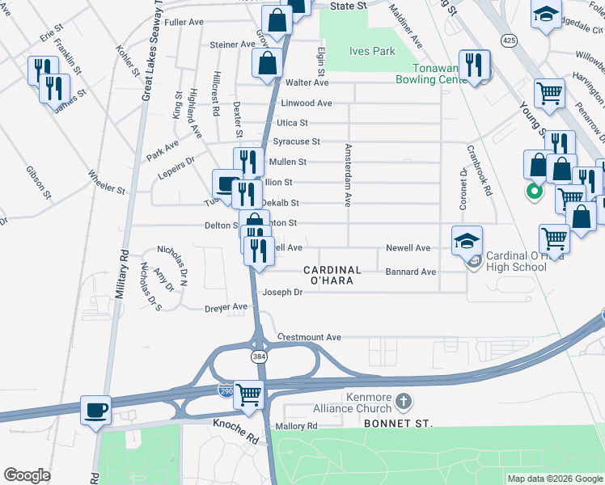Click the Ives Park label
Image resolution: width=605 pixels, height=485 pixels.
coord(372,51)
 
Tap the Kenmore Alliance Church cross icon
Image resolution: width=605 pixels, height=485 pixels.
coord(406,401)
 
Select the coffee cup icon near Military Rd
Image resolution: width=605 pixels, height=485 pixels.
coord(95,409)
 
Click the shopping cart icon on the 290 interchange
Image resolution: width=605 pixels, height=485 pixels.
coord(249,394)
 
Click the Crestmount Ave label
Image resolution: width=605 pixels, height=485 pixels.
coord(309,336)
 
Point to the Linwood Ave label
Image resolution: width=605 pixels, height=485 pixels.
coord(306,103)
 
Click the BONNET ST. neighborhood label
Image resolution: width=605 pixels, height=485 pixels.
coord(397,423)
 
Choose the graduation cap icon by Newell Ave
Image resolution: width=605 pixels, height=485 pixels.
coord(467,240)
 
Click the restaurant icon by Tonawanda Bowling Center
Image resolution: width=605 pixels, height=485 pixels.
coord(476,65)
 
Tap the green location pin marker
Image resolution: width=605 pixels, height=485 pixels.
coord(534,192)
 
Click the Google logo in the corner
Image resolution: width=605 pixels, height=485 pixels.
coord(27,475)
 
